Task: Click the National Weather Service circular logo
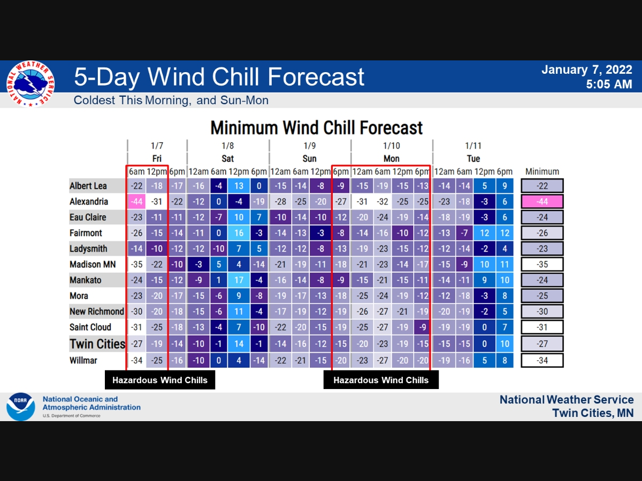30,84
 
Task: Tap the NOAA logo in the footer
20,407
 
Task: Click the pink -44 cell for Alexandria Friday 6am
136,201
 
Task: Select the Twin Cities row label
97,344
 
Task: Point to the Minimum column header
542,172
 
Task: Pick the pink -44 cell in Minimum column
542,201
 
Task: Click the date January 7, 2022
587,69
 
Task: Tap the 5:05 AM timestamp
609,84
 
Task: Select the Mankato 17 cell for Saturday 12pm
239,280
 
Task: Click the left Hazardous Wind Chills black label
160,381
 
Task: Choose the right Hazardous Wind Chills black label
381,381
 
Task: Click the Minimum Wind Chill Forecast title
316,128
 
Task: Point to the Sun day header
309,159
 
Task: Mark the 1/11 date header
473,145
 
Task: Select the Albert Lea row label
88,186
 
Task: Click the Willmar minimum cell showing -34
542,360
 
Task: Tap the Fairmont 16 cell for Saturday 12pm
239,233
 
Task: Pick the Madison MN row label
93,265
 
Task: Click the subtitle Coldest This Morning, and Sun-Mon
171,100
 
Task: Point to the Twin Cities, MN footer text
593,413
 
